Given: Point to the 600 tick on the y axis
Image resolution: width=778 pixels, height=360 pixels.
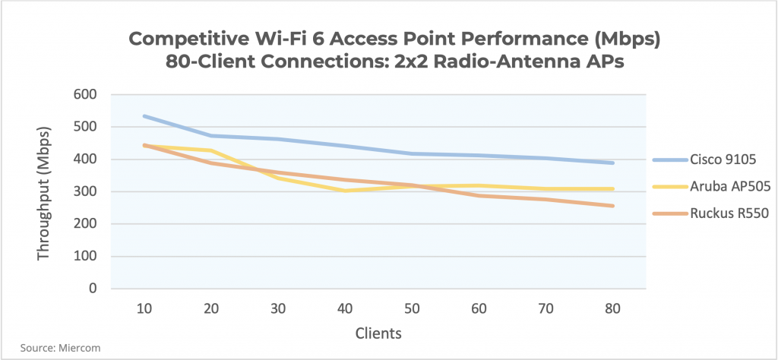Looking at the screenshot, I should coord(87,95).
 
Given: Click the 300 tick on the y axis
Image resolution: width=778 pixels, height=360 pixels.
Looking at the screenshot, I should coord(87,192).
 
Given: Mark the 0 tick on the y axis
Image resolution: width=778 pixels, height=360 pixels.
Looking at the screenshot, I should coord(93,289).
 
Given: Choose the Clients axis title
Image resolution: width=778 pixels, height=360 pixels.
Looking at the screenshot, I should coord(378,333).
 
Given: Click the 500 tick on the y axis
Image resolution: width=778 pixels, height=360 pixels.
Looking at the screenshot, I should coord(87,128).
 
